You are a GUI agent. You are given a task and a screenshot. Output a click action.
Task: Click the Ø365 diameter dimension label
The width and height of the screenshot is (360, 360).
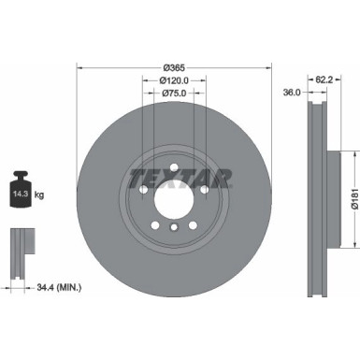[x=173, y=67]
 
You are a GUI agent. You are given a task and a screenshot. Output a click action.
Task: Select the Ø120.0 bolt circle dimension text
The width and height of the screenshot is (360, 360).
[x=173, y=80]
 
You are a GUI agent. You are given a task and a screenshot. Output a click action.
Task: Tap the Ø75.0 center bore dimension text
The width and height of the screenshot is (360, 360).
[x=173, y=94]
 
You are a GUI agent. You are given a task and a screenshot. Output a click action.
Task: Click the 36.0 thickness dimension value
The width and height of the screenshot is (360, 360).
[x=292, y=94]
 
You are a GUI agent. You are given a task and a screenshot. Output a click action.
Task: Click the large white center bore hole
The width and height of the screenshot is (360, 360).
[x=174, y=199]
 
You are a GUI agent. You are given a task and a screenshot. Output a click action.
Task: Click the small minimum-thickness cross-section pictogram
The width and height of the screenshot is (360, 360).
[x=19, y=251]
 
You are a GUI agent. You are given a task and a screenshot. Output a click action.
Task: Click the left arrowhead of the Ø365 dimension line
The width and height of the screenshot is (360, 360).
[x=79, y=67]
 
